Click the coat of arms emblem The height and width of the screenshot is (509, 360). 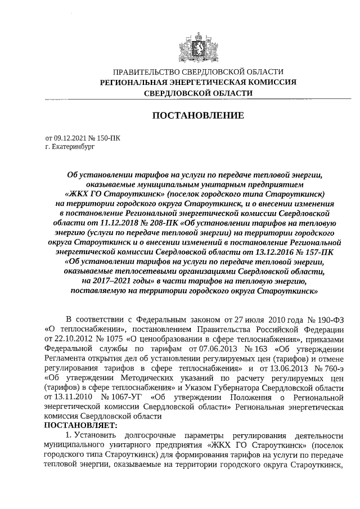(x=198, y=44)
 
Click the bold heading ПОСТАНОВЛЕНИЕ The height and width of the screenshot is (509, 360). (x=198, y=116)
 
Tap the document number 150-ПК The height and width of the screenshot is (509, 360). (x=107, y=137)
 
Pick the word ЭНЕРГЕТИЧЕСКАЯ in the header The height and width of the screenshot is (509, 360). (x=213, y=83)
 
